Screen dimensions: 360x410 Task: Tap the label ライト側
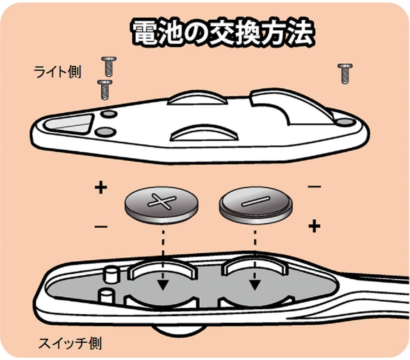click(57, 72)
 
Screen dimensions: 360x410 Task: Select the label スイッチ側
click(70, 343)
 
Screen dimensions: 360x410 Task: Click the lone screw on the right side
click(345, 73)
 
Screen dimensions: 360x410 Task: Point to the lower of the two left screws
click(105, 89)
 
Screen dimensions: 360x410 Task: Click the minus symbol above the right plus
click(314, 187)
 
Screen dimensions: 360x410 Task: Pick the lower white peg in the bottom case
click(106, 295)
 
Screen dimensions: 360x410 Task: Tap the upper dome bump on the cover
click(198, 98)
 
